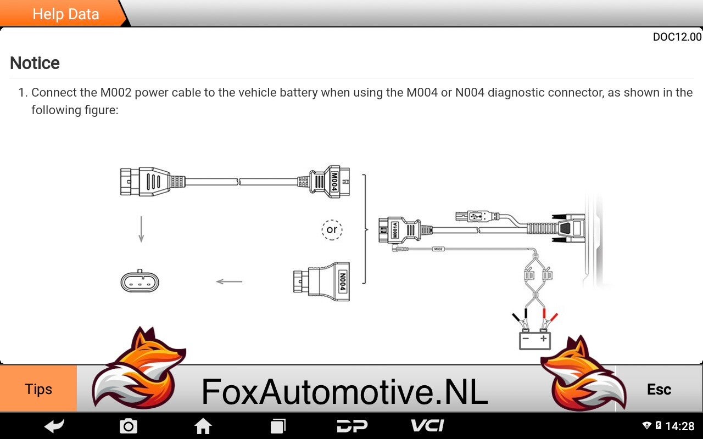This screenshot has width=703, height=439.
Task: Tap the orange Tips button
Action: pos(38,389)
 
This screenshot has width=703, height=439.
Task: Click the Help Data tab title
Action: pos(66,14)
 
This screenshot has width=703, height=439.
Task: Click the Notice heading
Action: pos(35,63)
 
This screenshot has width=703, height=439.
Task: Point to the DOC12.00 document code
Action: pos(677,37)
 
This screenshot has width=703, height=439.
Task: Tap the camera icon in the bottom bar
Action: pos(129,426)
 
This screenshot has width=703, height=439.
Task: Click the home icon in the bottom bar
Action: pos(203,426)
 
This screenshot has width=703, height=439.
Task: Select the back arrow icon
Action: pos(54,426)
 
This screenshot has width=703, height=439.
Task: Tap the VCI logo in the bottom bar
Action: pos(427,425)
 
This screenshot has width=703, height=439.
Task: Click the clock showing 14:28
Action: pos(680,426)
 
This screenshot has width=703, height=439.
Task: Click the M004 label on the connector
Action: pos(334,182)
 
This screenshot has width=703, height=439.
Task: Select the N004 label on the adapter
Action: pos(343,282)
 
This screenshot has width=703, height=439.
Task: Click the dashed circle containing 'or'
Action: pos(332,230)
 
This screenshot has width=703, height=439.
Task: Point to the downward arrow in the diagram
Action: pos(141,229)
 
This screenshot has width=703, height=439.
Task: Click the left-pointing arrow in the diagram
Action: pos(229,282)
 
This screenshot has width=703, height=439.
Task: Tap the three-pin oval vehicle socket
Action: pos(140,282)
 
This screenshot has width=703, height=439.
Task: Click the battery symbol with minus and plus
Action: pos(535,339)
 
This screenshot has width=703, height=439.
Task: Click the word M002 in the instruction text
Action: pos(115,93)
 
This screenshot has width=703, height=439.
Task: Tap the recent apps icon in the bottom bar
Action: pos(278,426)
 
